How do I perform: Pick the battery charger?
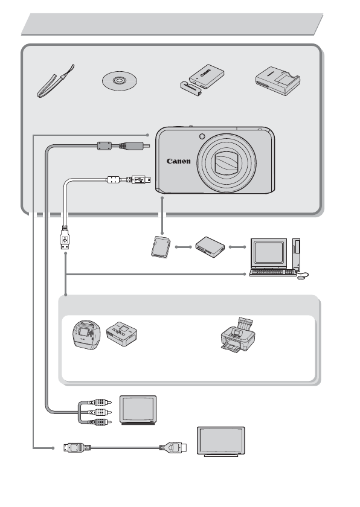[x=278, y=82]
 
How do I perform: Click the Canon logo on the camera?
[x=179, y=161]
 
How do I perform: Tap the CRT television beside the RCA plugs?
[x=138, y=409]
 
